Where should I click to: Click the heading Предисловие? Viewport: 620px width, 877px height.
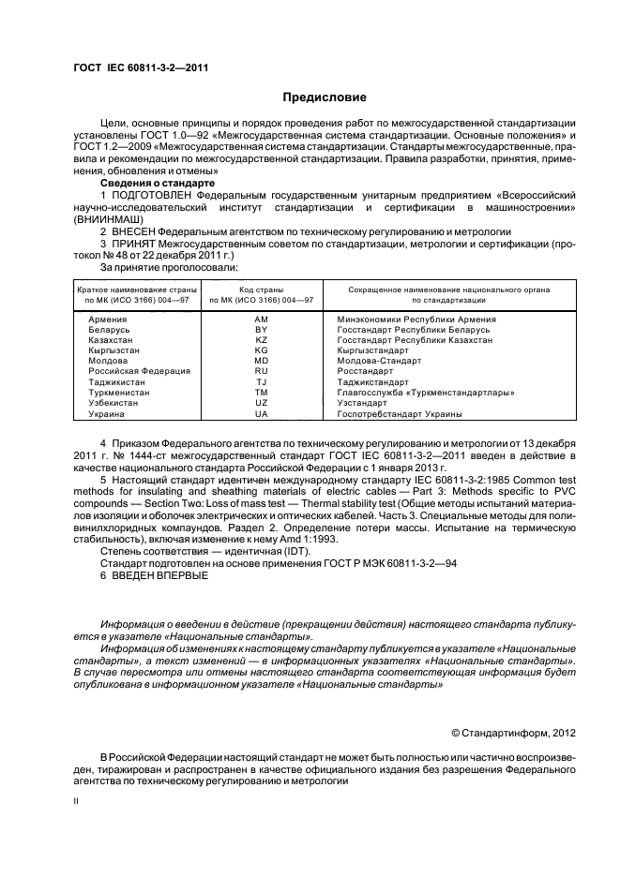click(x=325, y=97)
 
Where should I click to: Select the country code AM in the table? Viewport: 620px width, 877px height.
click(x=261, y=320)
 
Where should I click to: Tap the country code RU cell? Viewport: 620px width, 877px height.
click(x=261, y=370)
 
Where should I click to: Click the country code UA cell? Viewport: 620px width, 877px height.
click(x=261, y=412)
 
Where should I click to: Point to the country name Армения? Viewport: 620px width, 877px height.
click(x=107, y=320)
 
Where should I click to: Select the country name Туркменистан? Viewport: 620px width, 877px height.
click(x=119, y=392)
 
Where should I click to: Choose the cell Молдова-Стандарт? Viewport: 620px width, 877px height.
click(x=379, y=360)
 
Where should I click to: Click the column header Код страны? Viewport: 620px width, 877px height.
click(x=261, y=290)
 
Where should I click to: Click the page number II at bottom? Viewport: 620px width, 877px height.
click(x=76, y=802)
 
